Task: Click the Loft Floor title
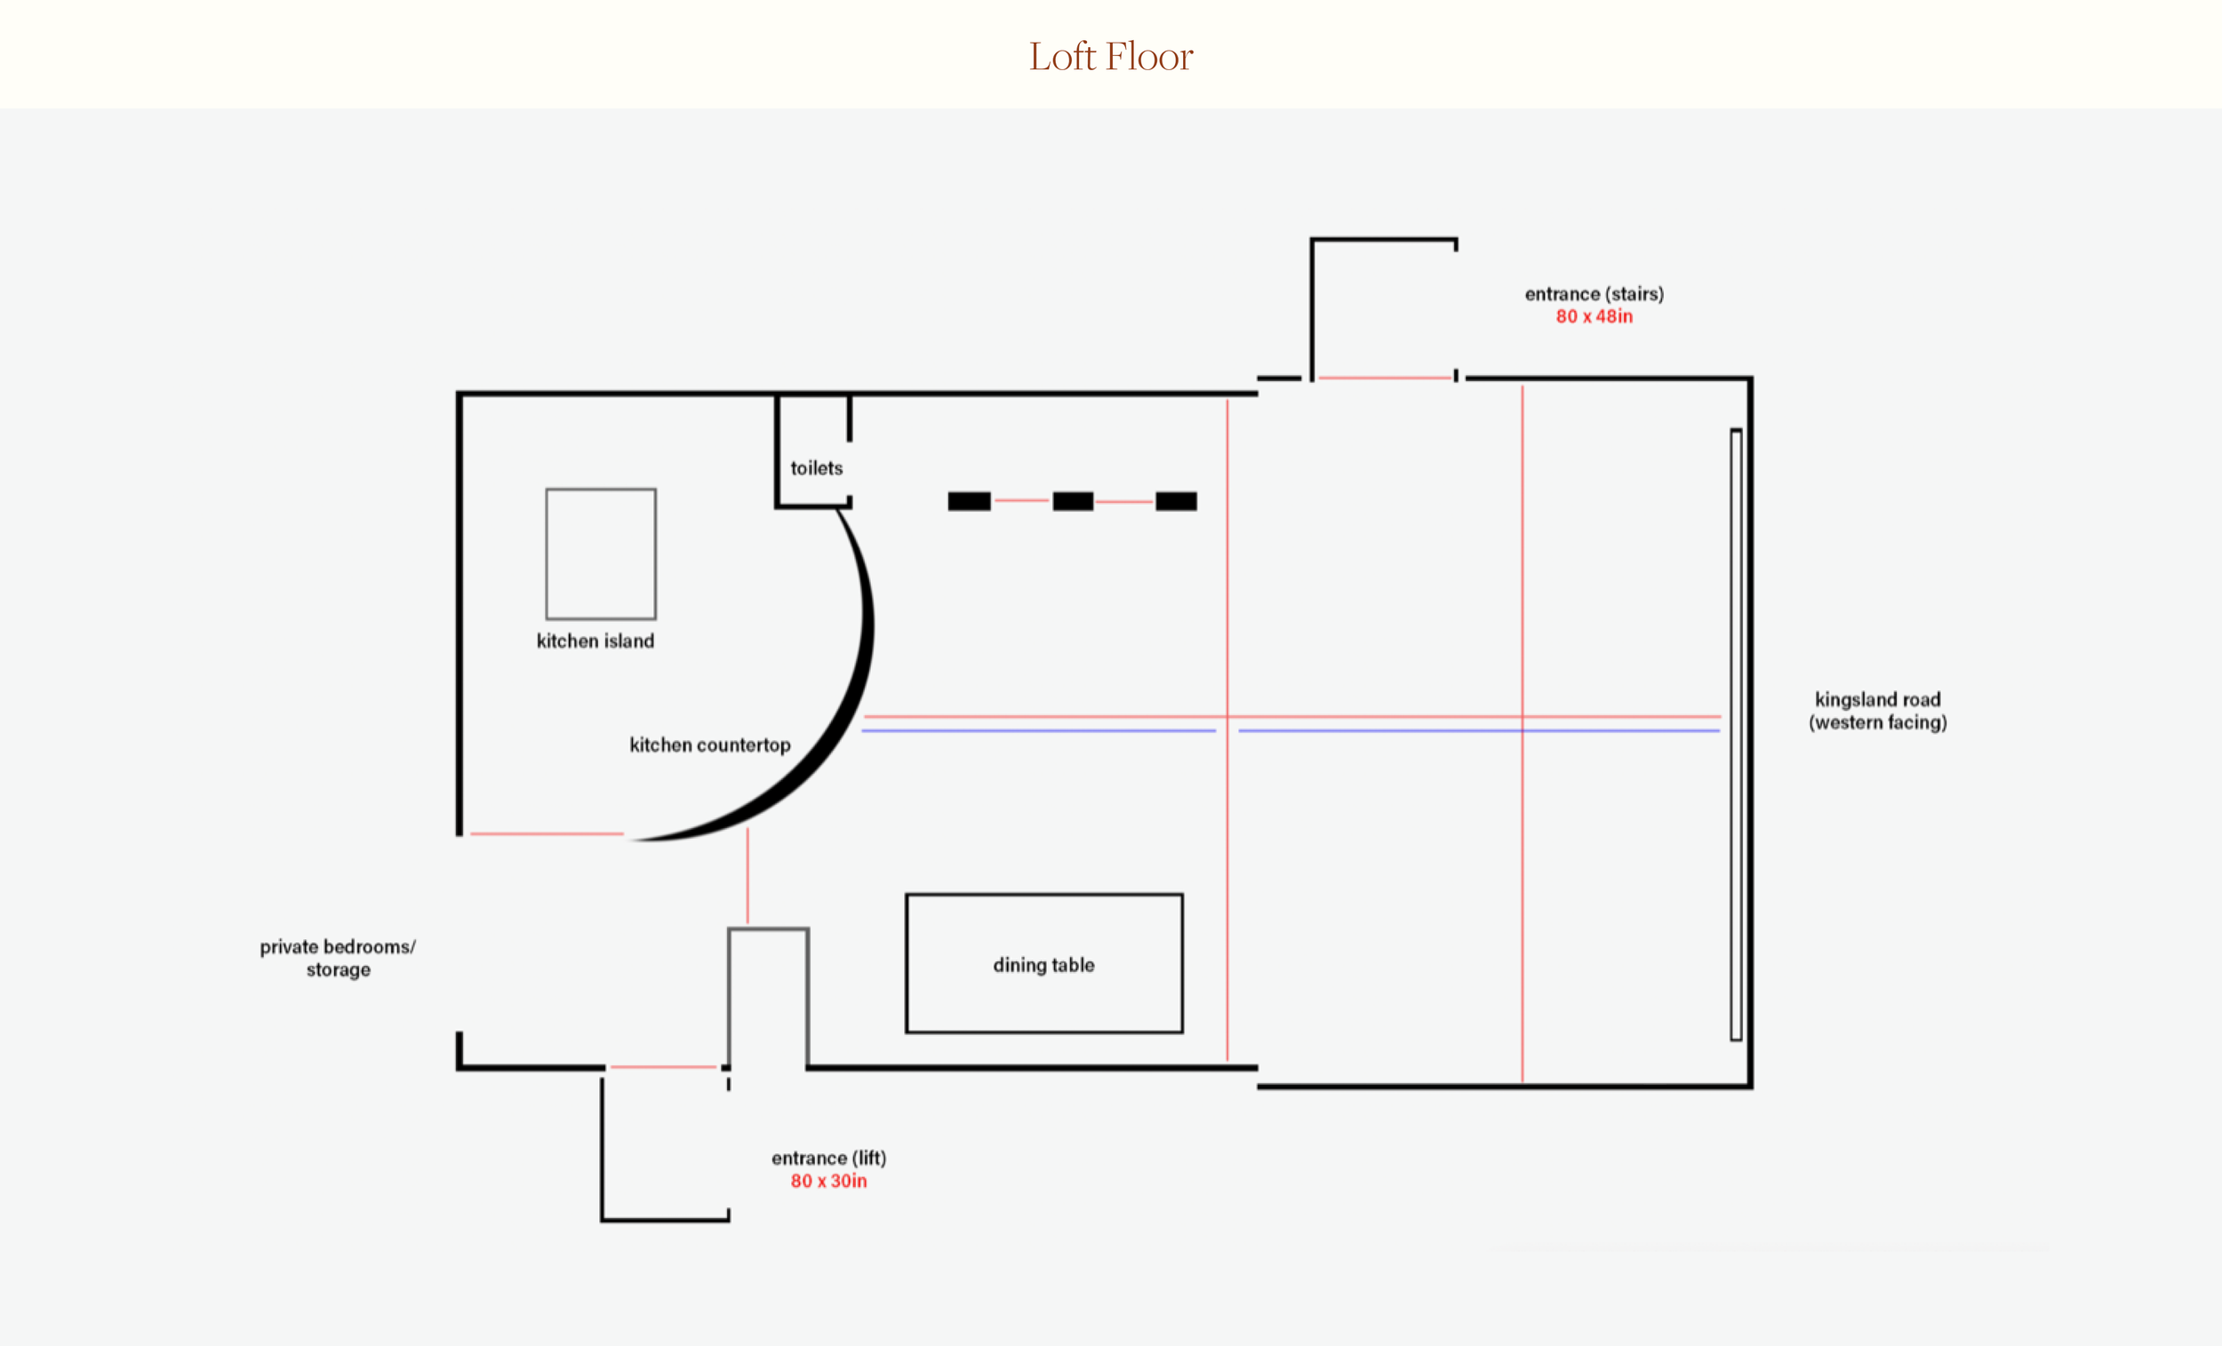point(1111,56)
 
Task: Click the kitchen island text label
point(595,641)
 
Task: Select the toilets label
point(816,468)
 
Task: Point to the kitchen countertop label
point(709,745)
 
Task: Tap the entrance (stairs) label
point(1594,294)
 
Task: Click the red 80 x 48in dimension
point(1594,316)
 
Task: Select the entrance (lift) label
point(828,1158)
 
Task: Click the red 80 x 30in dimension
point(828,1181)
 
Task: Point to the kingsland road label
point(1877,711)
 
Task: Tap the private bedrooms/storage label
point(337,958)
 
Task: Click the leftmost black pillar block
point(970,501)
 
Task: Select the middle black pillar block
point(1073,501)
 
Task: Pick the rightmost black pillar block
point(1176,501)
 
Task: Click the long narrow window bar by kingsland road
point(1736,735)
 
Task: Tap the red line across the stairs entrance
point(1385,378)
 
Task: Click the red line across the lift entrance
point(663,1067)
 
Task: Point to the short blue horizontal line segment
point(1039,730)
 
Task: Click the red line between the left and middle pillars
point(1022,500)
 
